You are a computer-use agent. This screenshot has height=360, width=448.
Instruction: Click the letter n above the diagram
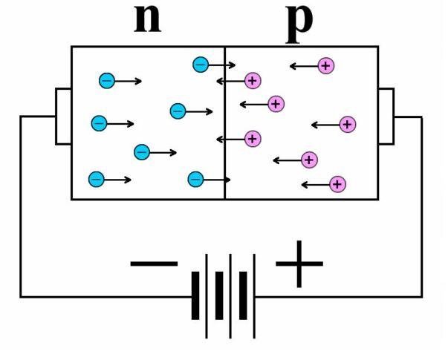(x=147, y=21)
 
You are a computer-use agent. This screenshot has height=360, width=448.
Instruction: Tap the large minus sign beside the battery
(x=154, y=263)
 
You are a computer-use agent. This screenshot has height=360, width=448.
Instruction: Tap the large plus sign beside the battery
(x=299, y=263)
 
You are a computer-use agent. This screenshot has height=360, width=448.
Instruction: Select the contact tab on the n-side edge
(x=63, y=116)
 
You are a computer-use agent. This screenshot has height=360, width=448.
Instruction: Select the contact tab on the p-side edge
(x=386, y=116)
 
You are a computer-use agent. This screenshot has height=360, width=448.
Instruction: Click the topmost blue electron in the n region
(x=201, y=65)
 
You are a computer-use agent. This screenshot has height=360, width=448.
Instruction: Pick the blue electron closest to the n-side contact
(x=98, y=123)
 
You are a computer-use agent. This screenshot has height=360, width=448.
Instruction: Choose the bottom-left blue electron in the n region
(x=96, y=179)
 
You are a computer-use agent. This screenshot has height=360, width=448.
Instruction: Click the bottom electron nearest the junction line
(x=195, y=179)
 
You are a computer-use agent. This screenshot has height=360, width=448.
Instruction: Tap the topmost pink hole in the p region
(x=325, y=65)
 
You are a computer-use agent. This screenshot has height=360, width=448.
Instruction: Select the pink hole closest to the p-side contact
(x=347, y=124)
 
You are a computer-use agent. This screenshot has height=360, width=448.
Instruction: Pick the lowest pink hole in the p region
(x=337, y=183)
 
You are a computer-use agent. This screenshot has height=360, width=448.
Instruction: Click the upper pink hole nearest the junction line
(x=253, y=80)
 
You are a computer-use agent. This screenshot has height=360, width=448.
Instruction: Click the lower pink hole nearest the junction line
(x=253, y=138)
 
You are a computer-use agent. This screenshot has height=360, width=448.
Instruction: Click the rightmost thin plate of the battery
(x=255, y=296)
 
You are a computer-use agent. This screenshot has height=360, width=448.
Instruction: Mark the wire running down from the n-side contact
(x=21, y=208)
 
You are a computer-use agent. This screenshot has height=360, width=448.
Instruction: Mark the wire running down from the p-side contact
(x=421, y=208)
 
